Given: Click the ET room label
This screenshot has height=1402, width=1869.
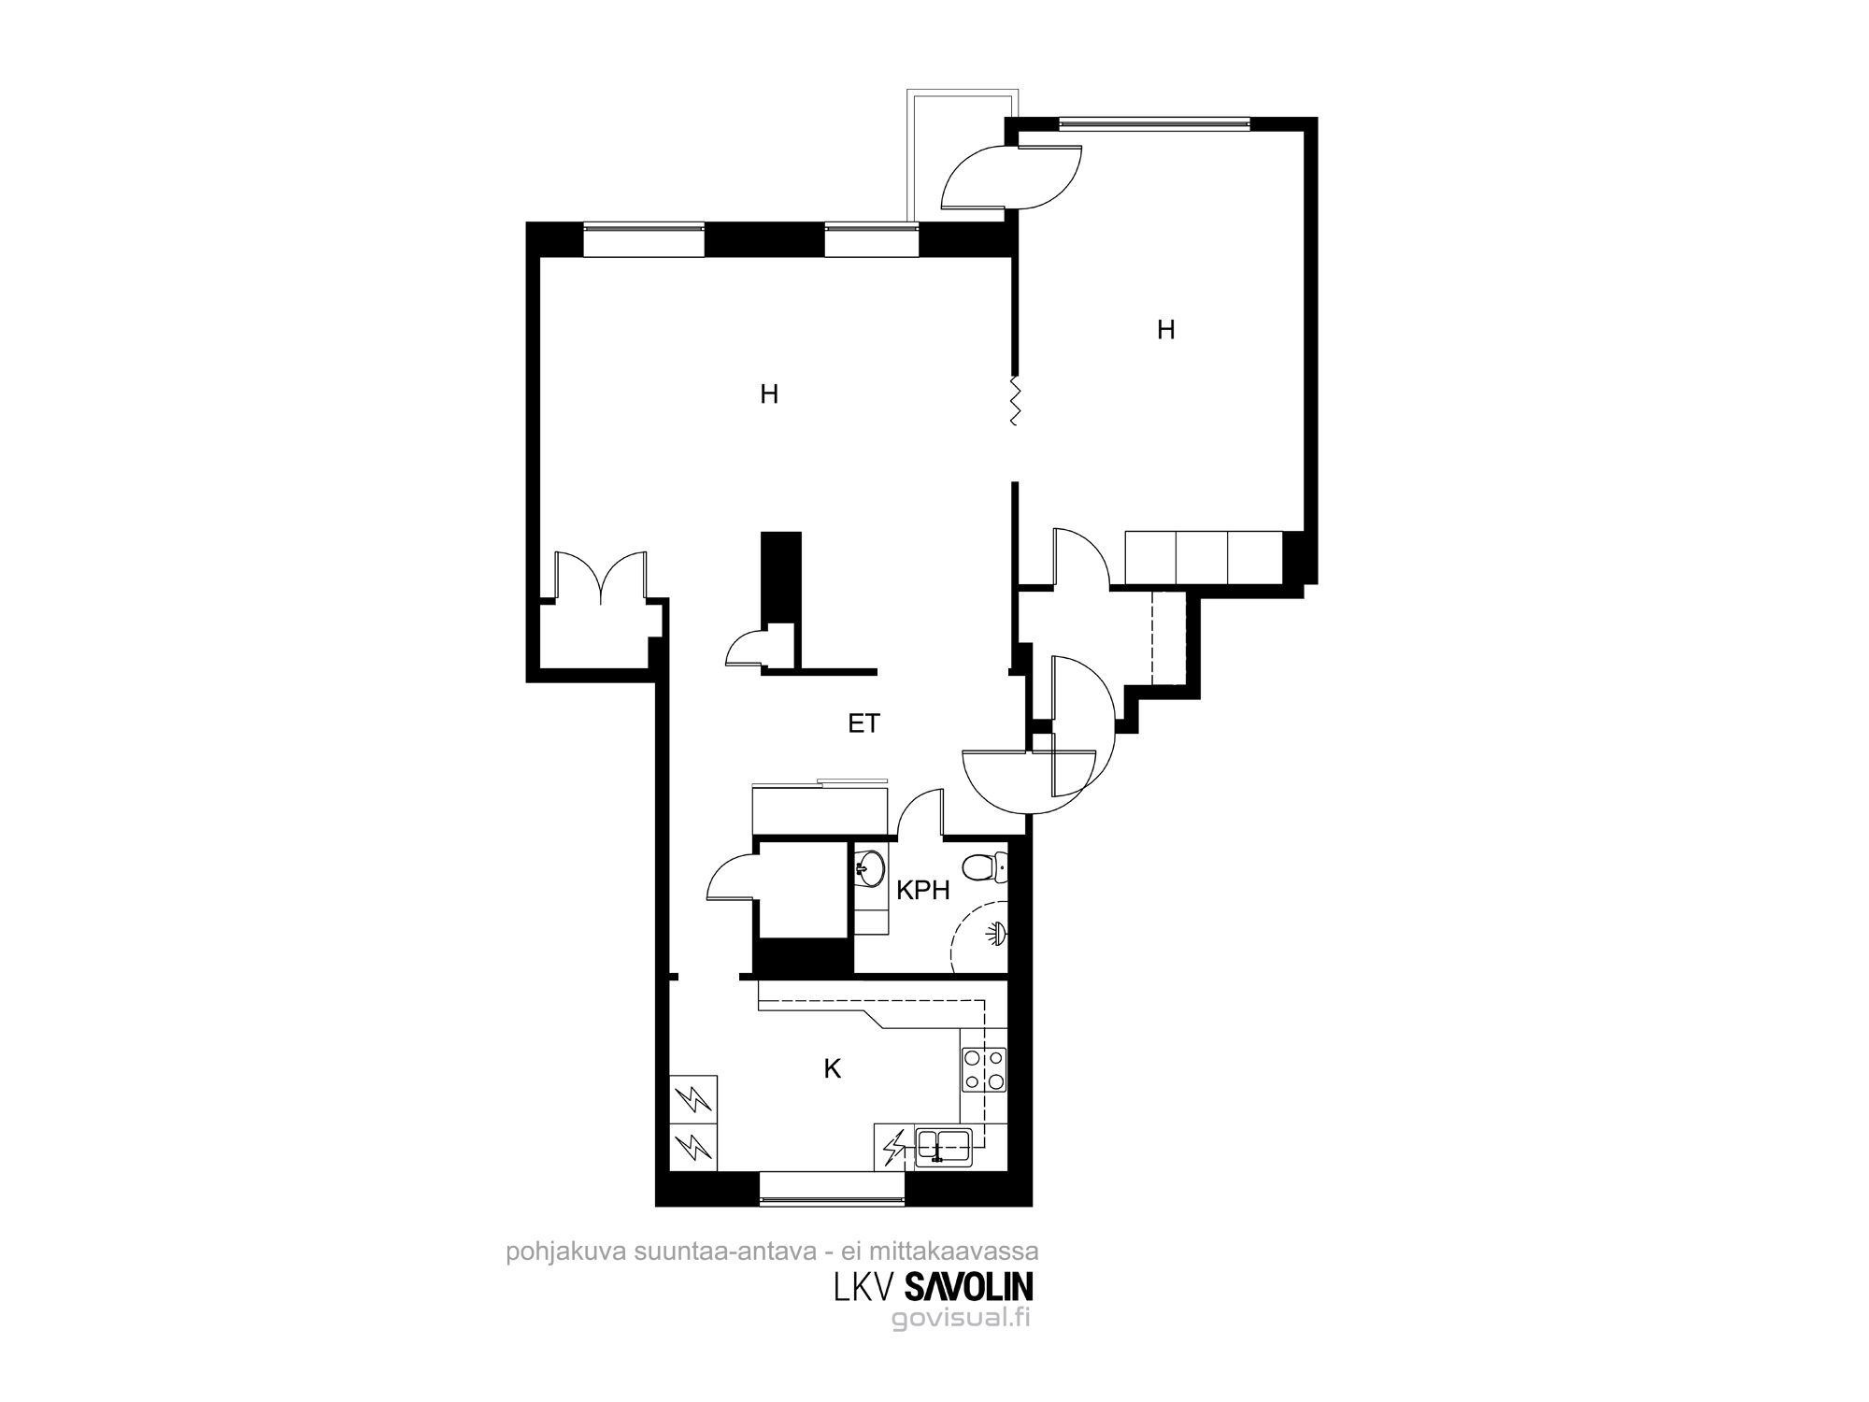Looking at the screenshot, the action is pyautogui.click(x=863, y=723).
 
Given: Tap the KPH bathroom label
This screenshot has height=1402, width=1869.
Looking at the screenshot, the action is pyautogui.click(x=923, y=891).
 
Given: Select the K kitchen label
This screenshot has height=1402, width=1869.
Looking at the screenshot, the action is pyautogui.click(x=832, y=1069).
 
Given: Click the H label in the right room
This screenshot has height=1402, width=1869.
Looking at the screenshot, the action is pyautogui.click(x=1165, y=330).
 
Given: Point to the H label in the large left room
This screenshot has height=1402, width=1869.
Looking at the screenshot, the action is pyautogui.click(x=769, y=394).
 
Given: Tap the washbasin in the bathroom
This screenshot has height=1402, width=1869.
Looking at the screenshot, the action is pyautogui.click(x=870, y=866).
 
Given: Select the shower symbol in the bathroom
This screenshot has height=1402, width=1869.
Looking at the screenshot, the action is pyautogui.click(x=997, y=932).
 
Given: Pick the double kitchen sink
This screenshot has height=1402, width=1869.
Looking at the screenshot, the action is pyautogui.click(x=944, y=1144).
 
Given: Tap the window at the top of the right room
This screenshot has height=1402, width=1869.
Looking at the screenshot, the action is pyautogui.click(x=1153, y=122).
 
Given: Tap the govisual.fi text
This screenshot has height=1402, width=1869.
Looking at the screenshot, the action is pyautogui.click(x=961, y=1319).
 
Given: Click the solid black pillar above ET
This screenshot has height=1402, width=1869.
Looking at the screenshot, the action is pyautogui.click(x=781, y=578).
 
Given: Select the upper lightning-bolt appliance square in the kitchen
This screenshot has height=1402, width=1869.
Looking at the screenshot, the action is pyautogui.click(x=694, y=1098).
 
